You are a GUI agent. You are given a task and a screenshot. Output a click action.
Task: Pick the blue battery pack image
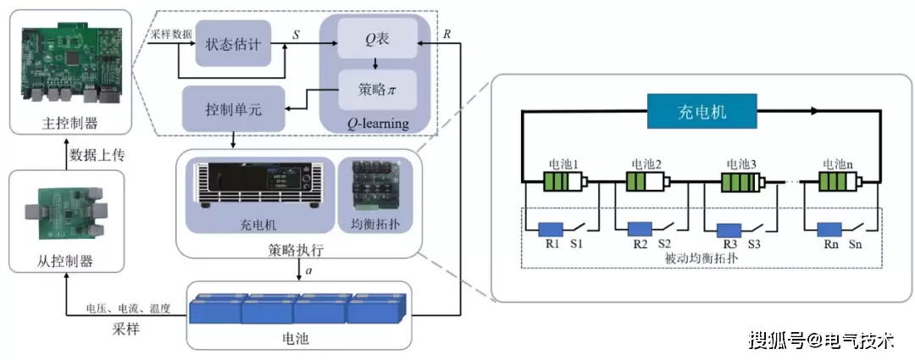point(297,309)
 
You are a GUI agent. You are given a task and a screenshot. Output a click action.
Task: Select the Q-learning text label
point(377,125)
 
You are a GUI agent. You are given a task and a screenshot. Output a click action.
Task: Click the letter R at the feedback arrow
point(447,35)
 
